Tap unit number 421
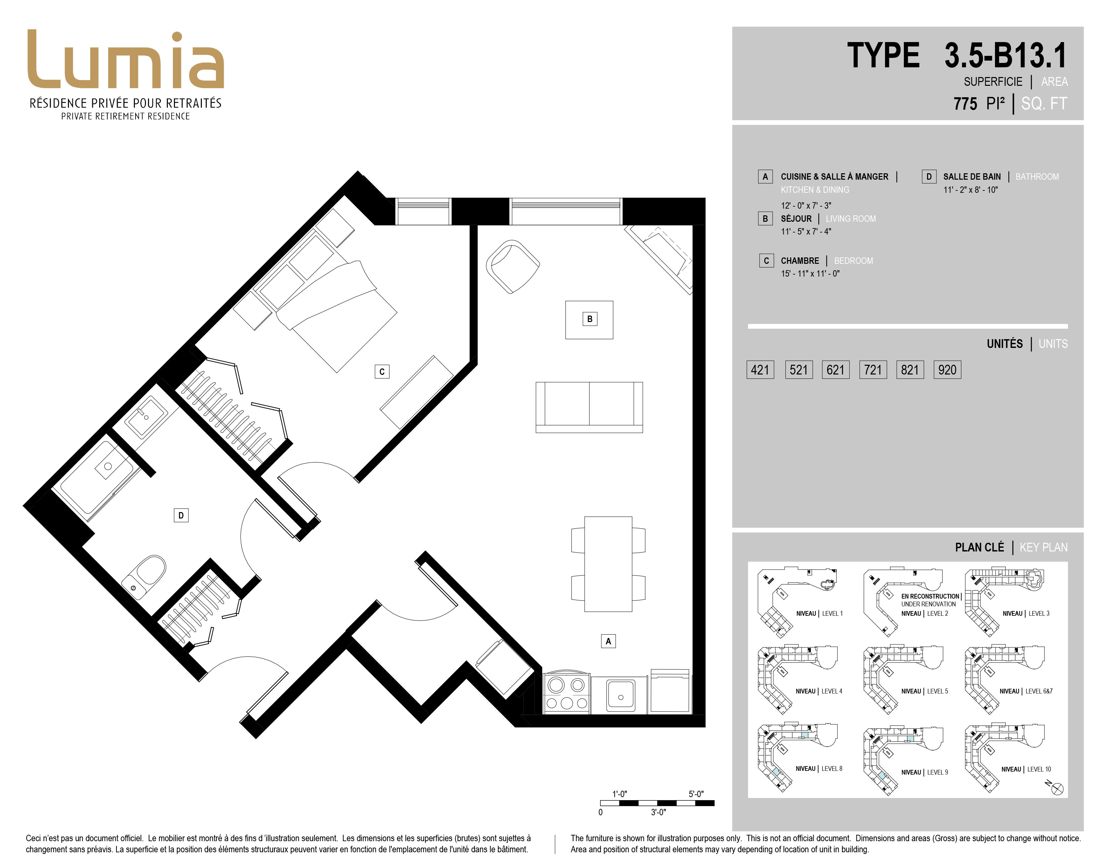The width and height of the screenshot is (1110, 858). coord(760,369)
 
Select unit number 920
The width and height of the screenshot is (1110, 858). coord(947,369)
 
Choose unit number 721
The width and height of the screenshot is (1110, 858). coord(873,369)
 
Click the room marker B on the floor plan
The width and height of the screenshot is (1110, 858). coord(590,319)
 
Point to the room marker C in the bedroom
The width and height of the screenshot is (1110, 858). coord(382,371)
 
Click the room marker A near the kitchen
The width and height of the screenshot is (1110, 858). coord(608,641)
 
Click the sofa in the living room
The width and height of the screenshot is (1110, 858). coord(589,407)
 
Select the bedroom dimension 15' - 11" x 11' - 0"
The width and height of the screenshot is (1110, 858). coord(810,274)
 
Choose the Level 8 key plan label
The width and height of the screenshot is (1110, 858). coord(819,768)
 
